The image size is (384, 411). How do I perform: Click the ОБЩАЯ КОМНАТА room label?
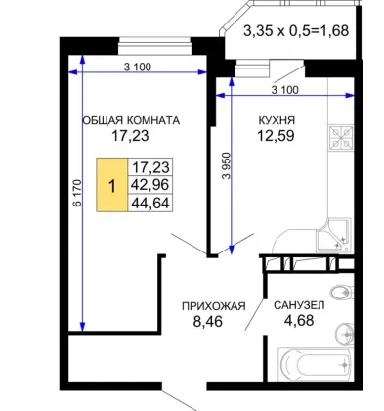tap(131, 120)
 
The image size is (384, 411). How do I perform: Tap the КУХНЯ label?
tap(277, 120)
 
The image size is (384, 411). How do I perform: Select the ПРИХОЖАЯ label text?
tap(213, 306)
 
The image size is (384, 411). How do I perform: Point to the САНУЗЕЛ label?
tap(299, 305)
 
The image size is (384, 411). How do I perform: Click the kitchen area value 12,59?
tap(277, 136)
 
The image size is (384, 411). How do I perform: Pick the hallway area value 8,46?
tap(208, 322)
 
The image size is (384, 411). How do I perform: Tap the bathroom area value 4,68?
tap(299, 321)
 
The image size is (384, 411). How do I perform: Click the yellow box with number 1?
tap(111, 185)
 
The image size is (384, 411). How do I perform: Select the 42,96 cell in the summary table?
tap(150, 185)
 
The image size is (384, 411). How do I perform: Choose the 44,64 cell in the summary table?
tap(150, 203)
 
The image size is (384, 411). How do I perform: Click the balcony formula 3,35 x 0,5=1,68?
tap(296, 31)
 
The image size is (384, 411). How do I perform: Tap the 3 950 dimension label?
tap(227, 166)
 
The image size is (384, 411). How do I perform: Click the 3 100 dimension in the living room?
tap(138, 68)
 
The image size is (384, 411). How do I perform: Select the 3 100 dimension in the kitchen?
tap(284, 90)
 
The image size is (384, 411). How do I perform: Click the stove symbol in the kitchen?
tap(341, 138)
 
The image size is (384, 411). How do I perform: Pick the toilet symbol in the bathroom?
tap(342, 292)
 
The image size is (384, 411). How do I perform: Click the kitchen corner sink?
tap(333, 236)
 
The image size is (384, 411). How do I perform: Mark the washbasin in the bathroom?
tap(344, 334)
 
